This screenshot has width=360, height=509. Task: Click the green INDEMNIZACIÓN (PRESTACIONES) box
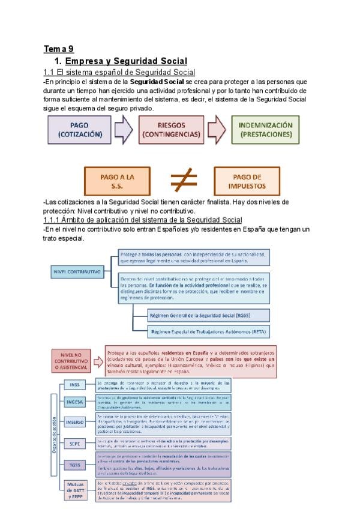[265, 130]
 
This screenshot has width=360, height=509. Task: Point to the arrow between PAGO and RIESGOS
[123, 130]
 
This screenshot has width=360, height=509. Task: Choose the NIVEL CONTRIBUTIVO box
[77, 271]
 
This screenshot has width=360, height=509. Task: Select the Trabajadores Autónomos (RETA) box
[208, 331]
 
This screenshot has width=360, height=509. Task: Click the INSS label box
[75, 385]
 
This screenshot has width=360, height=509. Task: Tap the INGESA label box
[75, 402]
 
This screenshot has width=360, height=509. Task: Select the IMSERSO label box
[75, 421]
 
